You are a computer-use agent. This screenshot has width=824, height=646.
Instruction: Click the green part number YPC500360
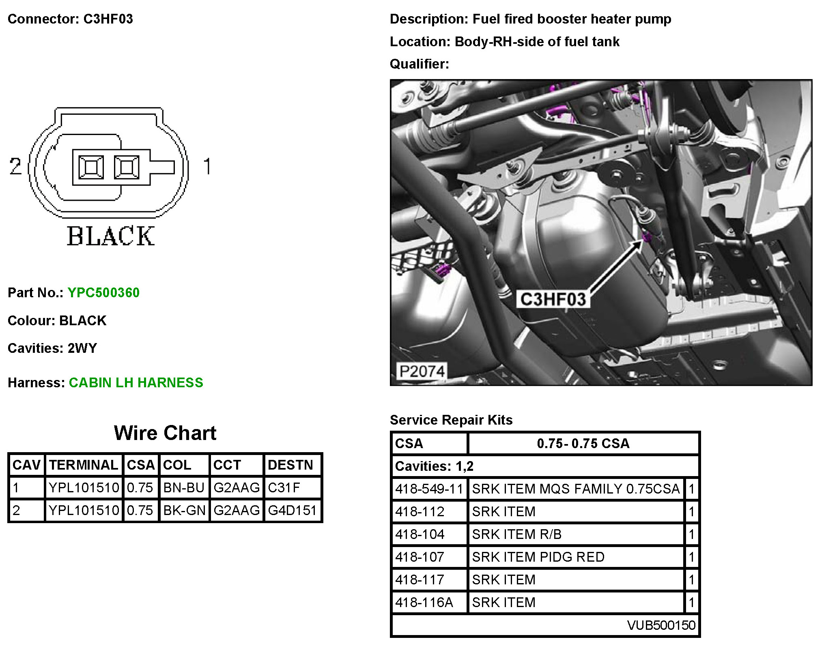(x=103, y=292)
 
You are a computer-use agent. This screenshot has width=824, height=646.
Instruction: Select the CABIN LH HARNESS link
(x=136, y=382)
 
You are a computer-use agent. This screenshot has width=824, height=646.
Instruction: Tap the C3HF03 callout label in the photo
(x=553, y=299)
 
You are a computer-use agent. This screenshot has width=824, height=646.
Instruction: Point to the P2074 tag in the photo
(x=422, y=371)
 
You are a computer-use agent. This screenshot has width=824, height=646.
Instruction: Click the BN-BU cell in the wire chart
(x=184, y=487)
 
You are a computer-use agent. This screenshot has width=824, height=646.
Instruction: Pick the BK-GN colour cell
(x=184, y=510)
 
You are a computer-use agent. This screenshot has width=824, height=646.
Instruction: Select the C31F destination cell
(x=284, y=487)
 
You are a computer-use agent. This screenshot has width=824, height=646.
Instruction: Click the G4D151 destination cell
(x=292, y=510)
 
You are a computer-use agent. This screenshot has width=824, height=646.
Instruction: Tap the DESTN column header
(x=290, y=465)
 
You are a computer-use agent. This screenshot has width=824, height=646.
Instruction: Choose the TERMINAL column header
(x=84, y=465)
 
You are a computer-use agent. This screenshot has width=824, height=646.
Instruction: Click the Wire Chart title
(x=165, y=433)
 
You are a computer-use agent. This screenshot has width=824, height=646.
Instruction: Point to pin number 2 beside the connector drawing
(x=15, y=166)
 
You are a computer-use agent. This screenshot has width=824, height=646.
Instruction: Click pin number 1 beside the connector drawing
(x=207, y=166)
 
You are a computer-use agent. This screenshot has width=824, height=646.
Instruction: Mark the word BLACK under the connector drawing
(x=111, y=236)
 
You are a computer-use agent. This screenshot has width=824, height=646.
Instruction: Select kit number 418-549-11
(x=429, y=489)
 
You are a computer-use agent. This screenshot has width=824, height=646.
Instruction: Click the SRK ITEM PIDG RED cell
(x=538, y=557)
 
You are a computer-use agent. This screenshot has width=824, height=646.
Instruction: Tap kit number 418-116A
(x=424, y=603)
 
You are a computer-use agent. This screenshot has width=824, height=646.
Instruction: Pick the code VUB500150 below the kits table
(x=661, y=625)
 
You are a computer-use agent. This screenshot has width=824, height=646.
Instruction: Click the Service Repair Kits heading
(x=451, y=420)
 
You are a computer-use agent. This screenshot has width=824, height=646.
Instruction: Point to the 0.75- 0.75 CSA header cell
(x=583, y=443)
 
